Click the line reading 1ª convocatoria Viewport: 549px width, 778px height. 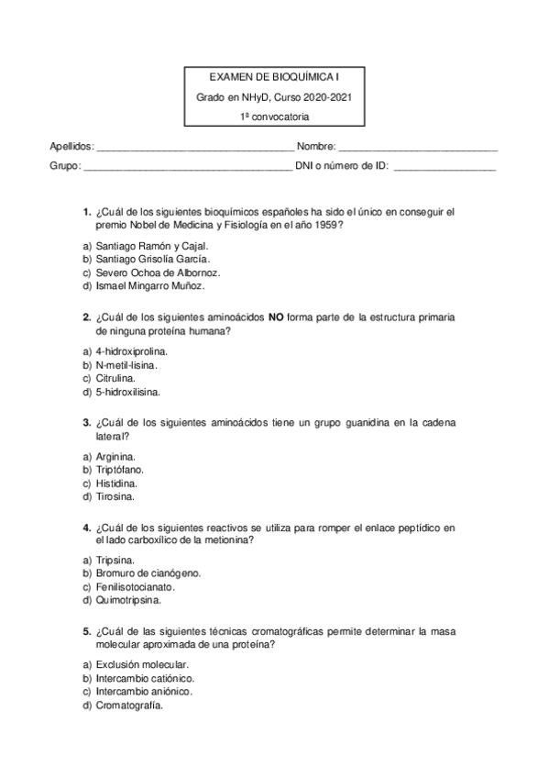[274, 117]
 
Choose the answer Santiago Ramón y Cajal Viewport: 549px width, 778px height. [151, 246]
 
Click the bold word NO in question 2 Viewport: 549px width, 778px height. [275, 317]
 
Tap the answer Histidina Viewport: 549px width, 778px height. [117, 483]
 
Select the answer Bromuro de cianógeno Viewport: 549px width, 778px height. [148, 573]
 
